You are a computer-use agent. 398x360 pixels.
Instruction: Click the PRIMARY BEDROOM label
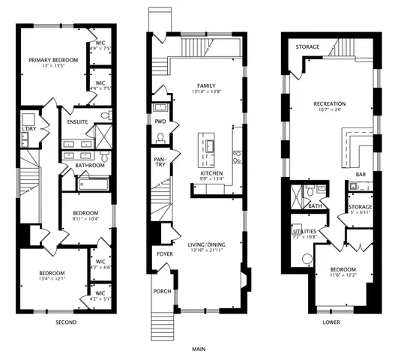coord(52,60)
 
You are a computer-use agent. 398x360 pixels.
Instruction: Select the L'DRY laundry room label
coord(28,130)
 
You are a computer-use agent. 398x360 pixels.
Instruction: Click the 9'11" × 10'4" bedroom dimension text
coord(85,220)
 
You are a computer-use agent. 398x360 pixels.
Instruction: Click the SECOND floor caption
coord(66,322)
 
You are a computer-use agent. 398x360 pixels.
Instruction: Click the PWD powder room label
coord(160,121)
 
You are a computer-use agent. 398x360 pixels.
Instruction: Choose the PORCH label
coord(161,291)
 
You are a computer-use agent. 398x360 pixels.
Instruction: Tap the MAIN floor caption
coord(199,349)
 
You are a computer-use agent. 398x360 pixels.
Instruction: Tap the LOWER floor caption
coord(330,322)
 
